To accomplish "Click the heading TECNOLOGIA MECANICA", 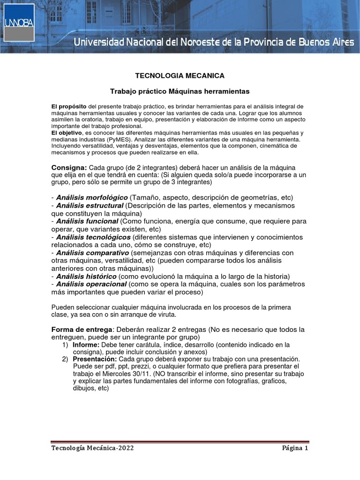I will (x=180, y=75).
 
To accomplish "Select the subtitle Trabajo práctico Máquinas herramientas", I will (x=180, y=90).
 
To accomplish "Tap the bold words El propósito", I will (x=69, y=106).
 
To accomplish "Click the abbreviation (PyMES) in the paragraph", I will (x=119, y=140).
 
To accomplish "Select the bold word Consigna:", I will (x=68, y=168).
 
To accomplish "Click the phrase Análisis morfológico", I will (x=92, y=197).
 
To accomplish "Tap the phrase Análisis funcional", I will (x=87, y=221).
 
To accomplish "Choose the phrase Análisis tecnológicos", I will (x=91, y=237).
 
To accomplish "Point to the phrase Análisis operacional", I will (x=91, y=284).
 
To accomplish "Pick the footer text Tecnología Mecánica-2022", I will (x=92, y=448).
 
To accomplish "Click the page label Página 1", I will (x=295, y=448).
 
